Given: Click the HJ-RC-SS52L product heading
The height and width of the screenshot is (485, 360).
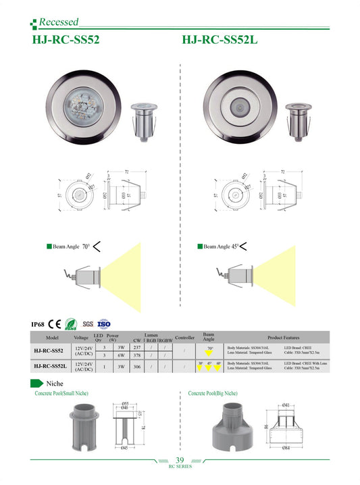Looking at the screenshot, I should point(220,40).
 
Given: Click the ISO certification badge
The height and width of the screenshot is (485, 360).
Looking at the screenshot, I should point(104,324).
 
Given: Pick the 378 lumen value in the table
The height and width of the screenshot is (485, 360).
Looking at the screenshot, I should point(137,355).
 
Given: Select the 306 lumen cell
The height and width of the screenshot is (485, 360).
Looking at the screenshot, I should point(137,367).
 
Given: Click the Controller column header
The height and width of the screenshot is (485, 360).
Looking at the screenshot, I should point(184,337).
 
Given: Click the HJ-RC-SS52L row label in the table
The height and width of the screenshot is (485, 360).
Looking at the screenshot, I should point(51,367).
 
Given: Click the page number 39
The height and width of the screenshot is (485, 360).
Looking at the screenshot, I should point(180,460).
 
